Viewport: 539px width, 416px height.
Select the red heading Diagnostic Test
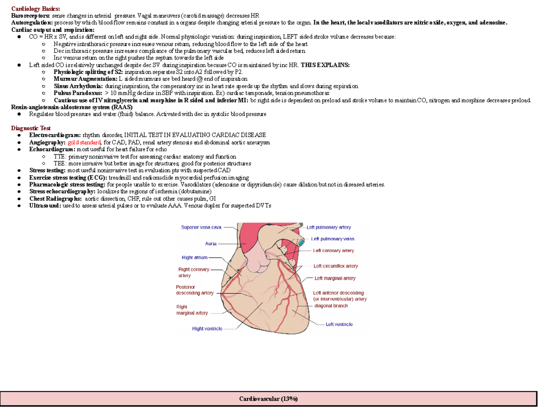pyautogui.click(x=31, y=128)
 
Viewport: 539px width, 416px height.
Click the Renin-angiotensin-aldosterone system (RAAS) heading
pyautogui.click(x=71, y=107)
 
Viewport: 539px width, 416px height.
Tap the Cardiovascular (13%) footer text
pyautogui.click(x=268, y=398)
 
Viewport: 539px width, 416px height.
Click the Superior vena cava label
pyautogui.click(x=201, y=228)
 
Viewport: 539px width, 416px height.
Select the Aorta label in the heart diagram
pyautogui.click(x=211, y=243)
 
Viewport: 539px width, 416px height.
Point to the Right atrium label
pyautogui.click(x=194, y=258)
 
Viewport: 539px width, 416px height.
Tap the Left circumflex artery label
pyautogui.click(x=336, y=266)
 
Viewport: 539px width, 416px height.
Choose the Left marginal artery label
pyautogui.click(x=335, y=278)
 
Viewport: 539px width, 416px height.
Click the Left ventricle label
pyautogui.click(x=339, y=324)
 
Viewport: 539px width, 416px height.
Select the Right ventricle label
pyautogui.click(x=207, y=328)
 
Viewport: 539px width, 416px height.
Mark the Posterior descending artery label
pyautogui.click(x=194, y=290)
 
